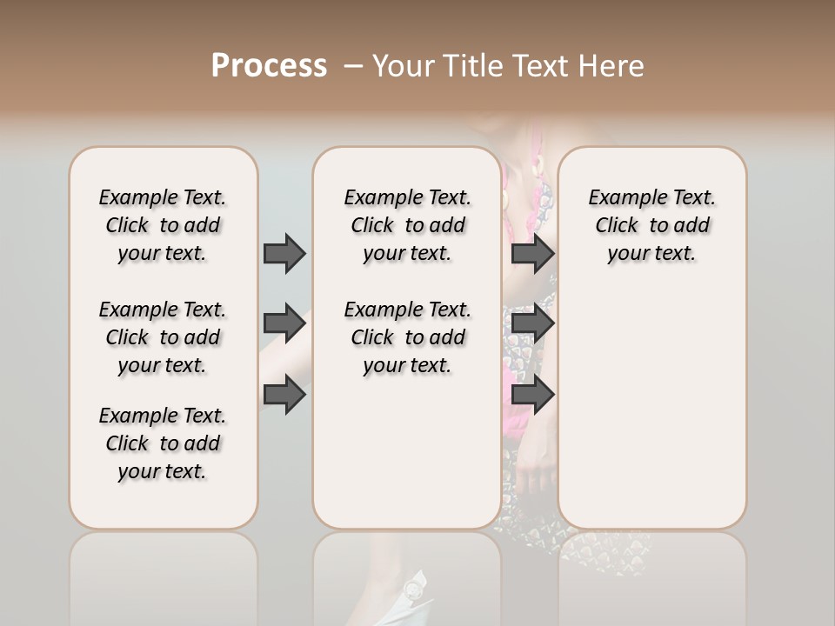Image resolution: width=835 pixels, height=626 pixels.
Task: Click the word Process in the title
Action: (269, 66)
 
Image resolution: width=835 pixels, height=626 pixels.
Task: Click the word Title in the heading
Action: (470, 66)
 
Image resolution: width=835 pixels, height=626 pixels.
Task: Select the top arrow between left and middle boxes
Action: (284, 253)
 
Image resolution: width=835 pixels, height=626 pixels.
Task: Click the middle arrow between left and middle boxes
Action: (284, 323)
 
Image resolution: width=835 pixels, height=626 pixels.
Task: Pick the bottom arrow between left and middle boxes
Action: (284, 395)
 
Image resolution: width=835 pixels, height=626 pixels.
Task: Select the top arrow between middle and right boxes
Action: (532, 253)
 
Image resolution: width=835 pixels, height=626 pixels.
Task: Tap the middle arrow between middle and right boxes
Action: (532, 323)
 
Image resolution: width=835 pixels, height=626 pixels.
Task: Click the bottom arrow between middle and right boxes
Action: (532, 395)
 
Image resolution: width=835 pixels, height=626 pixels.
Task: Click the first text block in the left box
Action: (163, 225)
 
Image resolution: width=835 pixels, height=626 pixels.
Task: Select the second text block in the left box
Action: (163, 337)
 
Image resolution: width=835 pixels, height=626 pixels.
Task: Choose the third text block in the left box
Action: (163, 443)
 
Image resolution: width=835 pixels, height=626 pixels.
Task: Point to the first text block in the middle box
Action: (407, 225)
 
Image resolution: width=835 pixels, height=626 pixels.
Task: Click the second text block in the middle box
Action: (407, 337)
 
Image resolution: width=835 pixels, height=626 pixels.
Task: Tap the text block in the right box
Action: (651, 225)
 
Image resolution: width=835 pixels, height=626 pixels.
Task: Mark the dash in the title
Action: (353, 66)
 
